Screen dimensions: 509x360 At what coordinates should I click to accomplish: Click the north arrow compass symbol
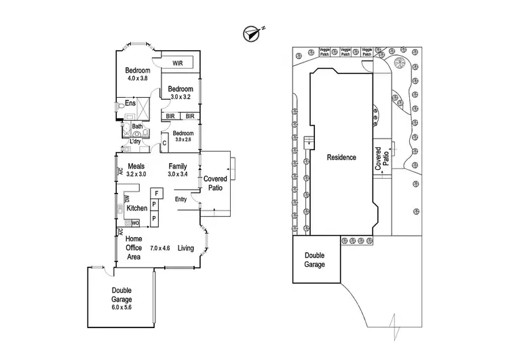[254, 31]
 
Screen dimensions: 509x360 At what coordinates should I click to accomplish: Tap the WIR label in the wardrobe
[178, 63]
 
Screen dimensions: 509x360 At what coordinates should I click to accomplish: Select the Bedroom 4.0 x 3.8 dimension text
[139, 79]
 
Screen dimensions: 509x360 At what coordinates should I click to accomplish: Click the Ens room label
[130, 104]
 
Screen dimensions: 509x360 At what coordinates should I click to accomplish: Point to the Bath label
[137, 126]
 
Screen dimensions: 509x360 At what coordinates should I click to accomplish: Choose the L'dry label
[136, 141]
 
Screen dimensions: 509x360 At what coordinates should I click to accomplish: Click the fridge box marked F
[154, 193]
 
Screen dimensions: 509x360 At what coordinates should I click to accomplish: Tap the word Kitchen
[137, 208]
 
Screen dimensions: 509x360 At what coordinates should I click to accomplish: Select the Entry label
[181, 199]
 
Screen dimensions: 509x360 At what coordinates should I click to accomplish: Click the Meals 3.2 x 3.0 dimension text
[136, 175]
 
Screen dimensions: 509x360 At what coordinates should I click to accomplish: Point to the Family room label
[178, 166]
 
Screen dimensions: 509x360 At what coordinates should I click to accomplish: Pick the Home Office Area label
[134, 248]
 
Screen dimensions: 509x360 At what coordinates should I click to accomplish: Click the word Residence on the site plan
[341, 158]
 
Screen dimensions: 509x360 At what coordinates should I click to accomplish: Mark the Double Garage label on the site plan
[314, 259]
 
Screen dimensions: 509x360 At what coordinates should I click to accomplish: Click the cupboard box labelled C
[164, 143]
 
